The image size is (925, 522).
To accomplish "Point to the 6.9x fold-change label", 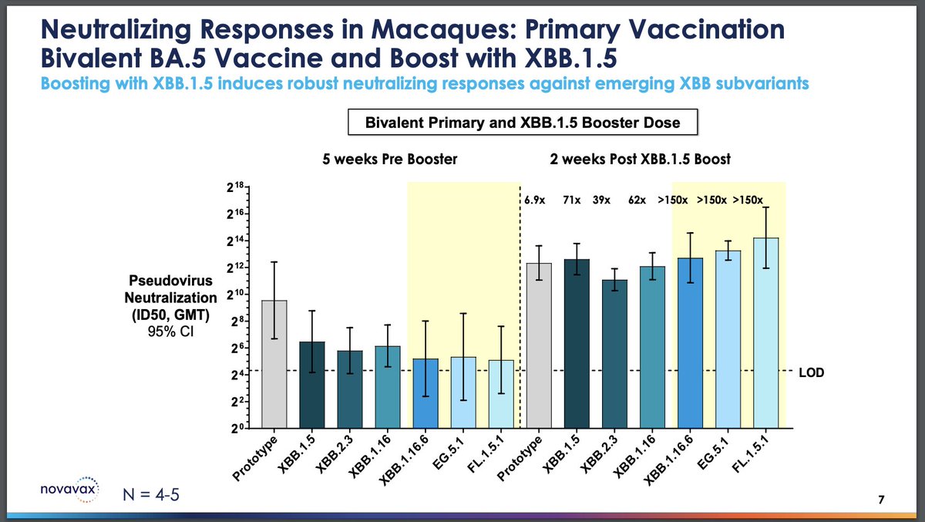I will pos(533,200).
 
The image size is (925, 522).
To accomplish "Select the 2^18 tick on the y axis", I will pos(236,187).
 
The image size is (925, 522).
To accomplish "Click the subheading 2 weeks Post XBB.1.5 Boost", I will pos(640,160).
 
